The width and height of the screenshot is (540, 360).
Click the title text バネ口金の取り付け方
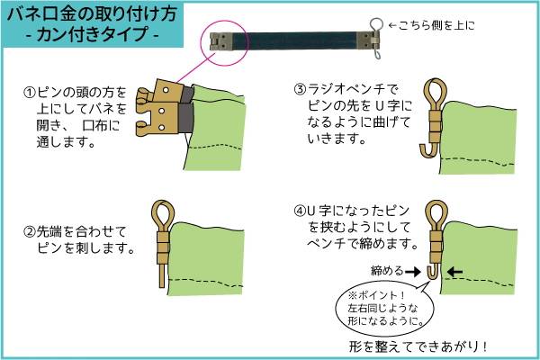[92, 14]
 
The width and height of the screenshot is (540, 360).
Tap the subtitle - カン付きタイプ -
[93, 34]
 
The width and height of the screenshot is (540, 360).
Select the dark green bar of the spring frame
[295, 40]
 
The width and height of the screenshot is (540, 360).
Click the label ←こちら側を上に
[432, 25]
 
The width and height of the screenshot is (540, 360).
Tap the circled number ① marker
[30, 93]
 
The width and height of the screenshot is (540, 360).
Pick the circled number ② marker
[30, 232]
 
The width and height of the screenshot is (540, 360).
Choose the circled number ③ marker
[300, 89]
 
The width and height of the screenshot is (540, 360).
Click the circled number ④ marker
[300, 210]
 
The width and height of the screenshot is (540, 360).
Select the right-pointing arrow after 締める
[413, 272]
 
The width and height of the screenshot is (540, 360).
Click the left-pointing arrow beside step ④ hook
[454, 272]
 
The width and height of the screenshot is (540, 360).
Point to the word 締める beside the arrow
[387, 271]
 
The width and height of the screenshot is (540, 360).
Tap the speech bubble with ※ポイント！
[384, 309]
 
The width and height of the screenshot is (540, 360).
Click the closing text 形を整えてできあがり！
[418, 346]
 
